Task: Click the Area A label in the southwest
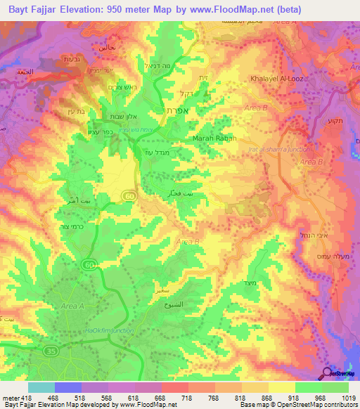tap(72, 306)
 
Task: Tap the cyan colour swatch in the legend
tap(41, 387)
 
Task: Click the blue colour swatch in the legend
tap(67, 387)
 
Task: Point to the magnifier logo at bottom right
tap(326, 372)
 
